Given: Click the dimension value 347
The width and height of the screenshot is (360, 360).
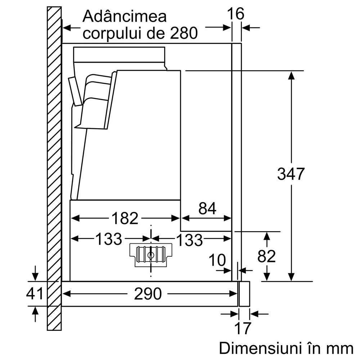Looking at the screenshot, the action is (x=291, y=174).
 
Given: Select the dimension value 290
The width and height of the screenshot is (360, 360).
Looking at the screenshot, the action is (x=148, y=294).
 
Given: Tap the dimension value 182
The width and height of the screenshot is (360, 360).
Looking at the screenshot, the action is (x=125, y=218).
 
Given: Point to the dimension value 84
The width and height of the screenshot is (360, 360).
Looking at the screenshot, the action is (x=207, y=208).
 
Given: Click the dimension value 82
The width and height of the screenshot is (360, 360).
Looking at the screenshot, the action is (x=266, y=256).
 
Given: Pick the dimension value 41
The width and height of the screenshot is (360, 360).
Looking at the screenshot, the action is (x=35, y=293).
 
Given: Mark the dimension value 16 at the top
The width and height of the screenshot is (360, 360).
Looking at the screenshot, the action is (x=236, y=14).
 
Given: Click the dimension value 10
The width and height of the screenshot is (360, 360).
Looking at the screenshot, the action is (x=217, y=260).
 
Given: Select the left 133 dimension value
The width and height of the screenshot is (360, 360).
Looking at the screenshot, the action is (x=108, y=239).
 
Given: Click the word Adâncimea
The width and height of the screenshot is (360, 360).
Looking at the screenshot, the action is (x=125, y=16).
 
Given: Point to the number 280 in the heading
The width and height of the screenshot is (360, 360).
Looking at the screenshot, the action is (x=184, y=33).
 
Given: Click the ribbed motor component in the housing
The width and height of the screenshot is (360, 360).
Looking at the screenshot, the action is (x=150, y=255).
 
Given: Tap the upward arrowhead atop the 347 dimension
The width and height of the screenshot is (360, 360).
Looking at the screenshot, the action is (x=291, y=76).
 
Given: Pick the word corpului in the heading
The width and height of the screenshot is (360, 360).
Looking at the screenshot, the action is (x=112, y=33).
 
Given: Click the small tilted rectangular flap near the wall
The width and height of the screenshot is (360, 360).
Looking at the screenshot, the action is (x=75, y=91).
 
